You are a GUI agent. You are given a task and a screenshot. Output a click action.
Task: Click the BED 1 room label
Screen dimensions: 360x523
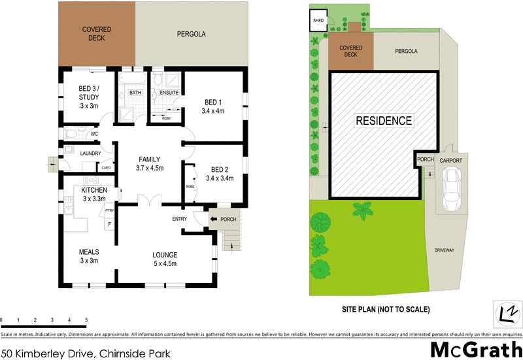click(214, 102)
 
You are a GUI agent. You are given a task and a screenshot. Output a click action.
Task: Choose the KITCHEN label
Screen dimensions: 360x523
click(93, 189)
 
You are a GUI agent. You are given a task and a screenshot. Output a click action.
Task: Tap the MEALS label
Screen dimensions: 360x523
click(88, 252)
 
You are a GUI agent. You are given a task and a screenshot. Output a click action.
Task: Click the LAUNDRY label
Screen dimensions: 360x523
click(90, 154)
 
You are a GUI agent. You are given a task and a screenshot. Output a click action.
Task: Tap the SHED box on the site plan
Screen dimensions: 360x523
click(318, 21)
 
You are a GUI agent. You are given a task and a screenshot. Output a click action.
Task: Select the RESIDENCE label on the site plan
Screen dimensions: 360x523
click(383, 121)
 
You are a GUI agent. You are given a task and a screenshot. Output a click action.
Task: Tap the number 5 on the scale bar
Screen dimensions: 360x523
click(86, 319)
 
